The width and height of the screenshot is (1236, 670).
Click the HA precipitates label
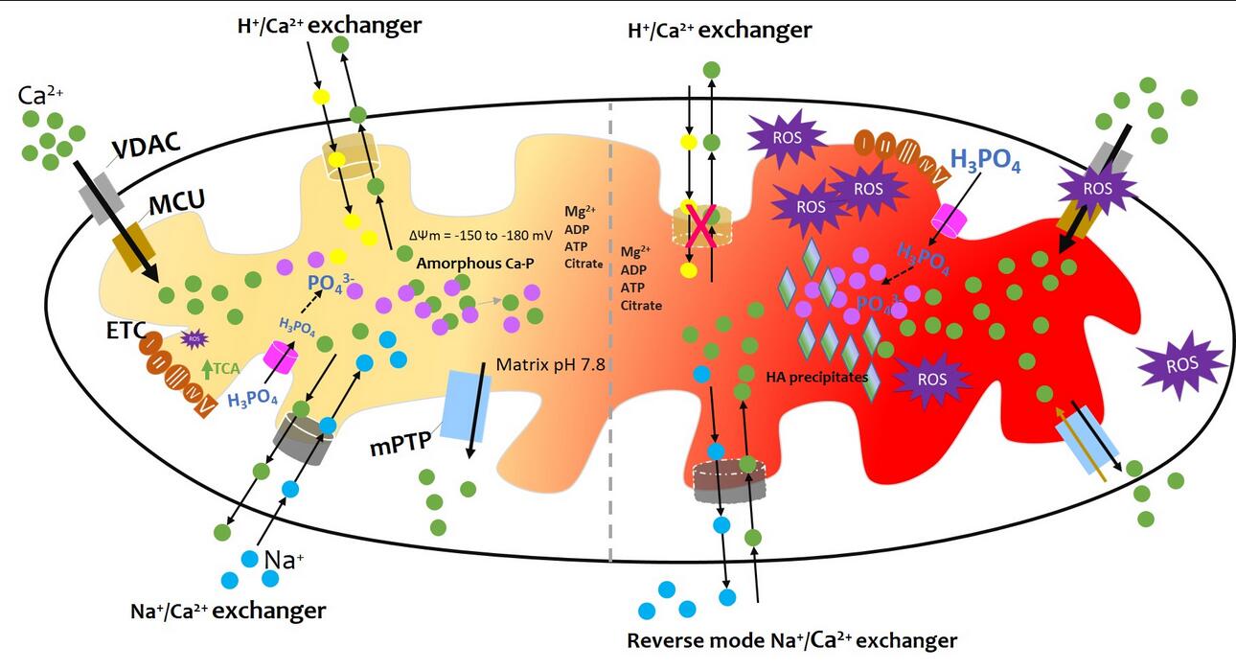(816, 376)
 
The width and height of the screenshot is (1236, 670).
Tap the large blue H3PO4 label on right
(985, 161)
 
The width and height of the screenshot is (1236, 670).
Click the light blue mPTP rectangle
(467, 406)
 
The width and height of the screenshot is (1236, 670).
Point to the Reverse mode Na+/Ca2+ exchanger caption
(791, 639)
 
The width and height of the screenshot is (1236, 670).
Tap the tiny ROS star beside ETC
(195, 337)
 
